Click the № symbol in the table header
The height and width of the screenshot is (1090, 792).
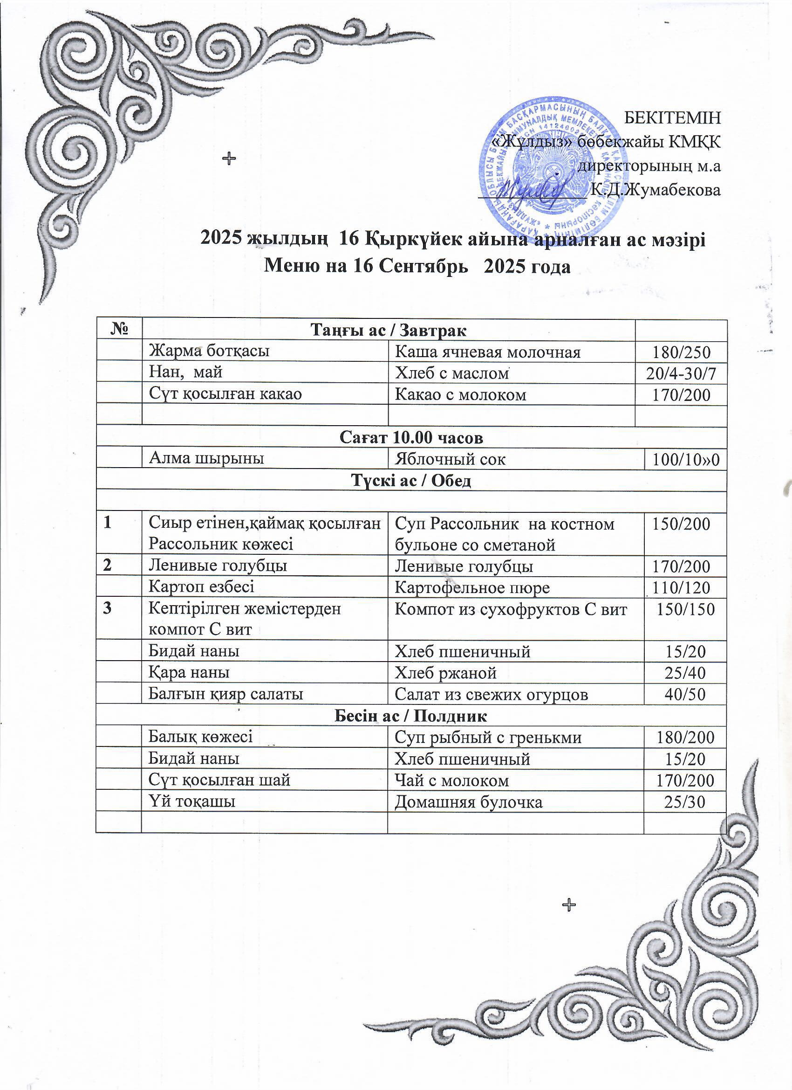[x=119, y=330]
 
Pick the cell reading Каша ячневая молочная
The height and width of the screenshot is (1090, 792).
[x=487, y=352]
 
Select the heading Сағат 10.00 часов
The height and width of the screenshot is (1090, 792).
[x=411, y=437]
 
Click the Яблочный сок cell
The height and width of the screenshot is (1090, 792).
[x=450, y=459]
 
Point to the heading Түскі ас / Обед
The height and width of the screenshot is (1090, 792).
[x=411, y=480]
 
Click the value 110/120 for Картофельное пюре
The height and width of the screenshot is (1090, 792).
[x=681, y=587]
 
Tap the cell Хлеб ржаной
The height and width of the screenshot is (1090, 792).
[x=445, y=672]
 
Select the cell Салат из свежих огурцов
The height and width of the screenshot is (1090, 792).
[x=491, y=694]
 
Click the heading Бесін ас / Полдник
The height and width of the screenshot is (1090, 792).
[x=410, y=716]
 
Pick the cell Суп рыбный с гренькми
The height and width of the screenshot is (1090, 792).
[x=488, y=737]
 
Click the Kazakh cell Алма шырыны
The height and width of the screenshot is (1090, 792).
[x=206, y=458]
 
